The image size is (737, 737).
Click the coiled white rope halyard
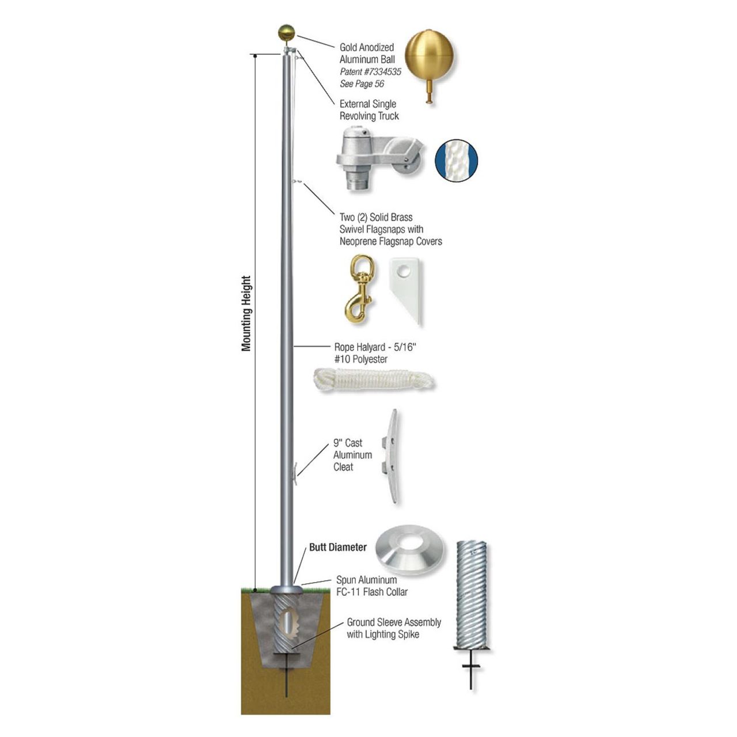pos(374,381)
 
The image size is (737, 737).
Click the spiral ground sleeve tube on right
pos(472,593)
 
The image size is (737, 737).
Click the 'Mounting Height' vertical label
pos(246,314)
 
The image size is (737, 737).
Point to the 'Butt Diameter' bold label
pos(338,547)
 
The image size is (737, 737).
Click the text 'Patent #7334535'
pos(370,72)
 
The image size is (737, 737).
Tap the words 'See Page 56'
pos(362,84)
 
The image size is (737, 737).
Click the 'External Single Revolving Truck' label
pos(368,110)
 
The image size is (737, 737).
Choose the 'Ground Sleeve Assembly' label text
pos(394,622)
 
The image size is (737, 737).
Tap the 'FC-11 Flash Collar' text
pos(372,592)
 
